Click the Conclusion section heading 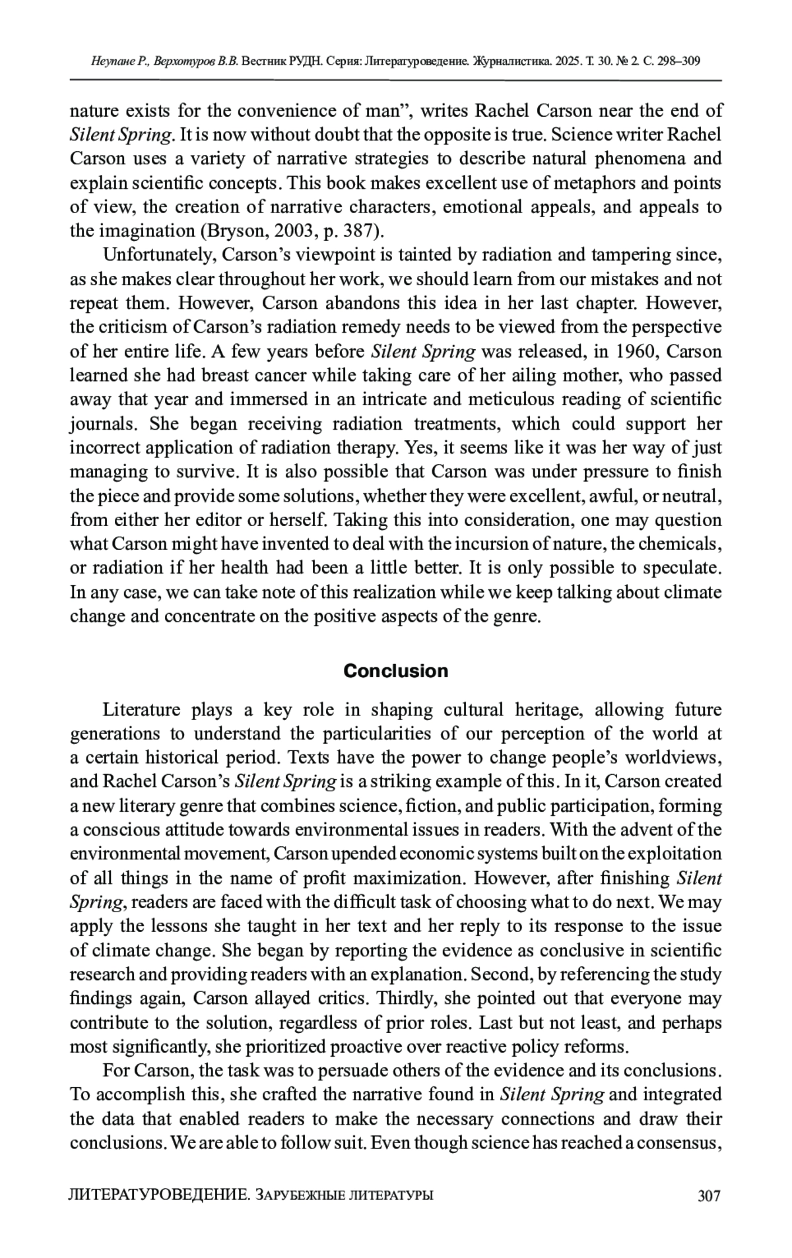pyautogui.click(x=395, y=671)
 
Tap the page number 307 pyautogui.click(x=708, y=1195)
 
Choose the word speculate pyautogui.click(x=686, y=568)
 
